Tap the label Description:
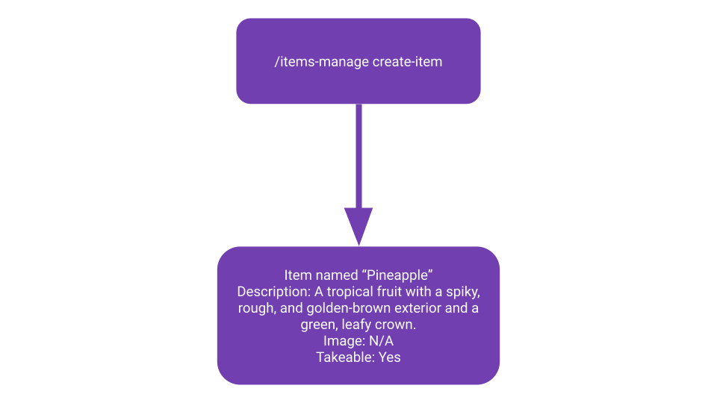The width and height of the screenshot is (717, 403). (x=273, y=292)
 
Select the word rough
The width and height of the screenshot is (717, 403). (x=257, y=308)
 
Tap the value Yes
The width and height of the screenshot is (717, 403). (x=389, y=357)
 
